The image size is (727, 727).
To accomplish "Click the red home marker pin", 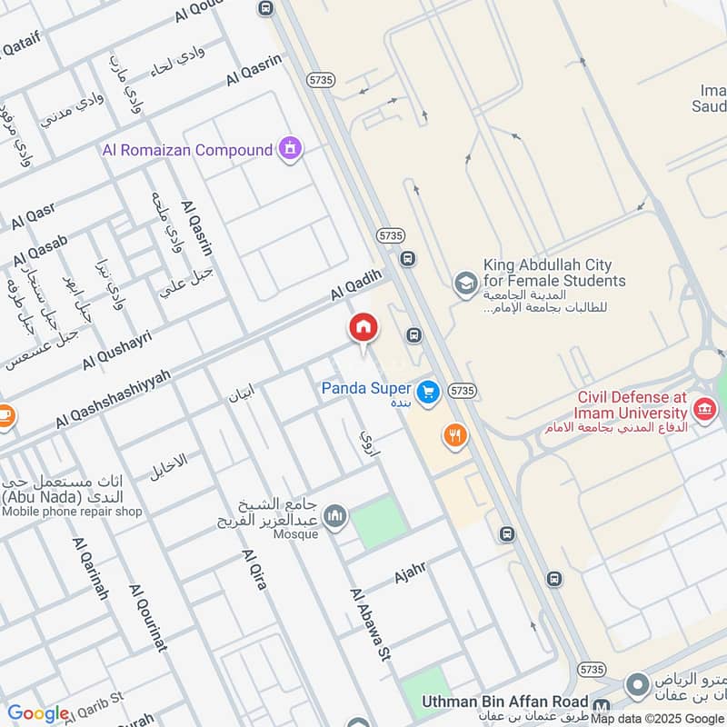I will [363, 328].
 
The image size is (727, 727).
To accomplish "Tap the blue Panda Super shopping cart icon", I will [429, 392].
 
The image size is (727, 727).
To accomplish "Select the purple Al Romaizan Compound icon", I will [291, 148].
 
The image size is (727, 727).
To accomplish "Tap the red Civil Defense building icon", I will [703, 411].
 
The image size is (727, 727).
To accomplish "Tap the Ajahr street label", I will [410, 573].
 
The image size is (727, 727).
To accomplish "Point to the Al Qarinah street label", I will [91, 568].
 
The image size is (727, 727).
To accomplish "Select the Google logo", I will [38, 713].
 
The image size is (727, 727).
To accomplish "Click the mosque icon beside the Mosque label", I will [336, 516].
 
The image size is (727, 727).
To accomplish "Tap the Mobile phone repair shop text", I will [73, 512].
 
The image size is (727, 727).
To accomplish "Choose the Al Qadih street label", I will [353, 290].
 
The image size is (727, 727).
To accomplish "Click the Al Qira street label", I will [254, 570].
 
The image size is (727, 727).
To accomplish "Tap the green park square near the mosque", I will [376, 522].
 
